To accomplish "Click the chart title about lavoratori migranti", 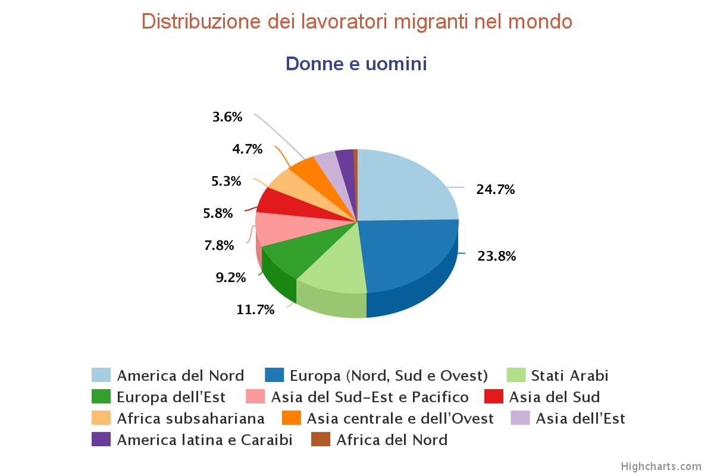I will (x=357, y=21).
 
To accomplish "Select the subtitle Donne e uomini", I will (x=356, y=64).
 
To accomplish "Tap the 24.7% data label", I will (x=495, y=190).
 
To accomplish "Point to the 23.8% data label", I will (x=496, y=256).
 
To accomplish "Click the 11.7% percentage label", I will (x=255, y=309).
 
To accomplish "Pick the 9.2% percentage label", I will (x=231, y=277).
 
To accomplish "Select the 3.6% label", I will (x=227, y=117).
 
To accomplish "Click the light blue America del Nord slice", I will (x=405, y=184).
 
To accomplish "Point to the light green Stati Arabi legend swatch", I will (x=516, y=375).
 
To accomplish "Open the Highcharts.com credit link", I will (x=661, y=466).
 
